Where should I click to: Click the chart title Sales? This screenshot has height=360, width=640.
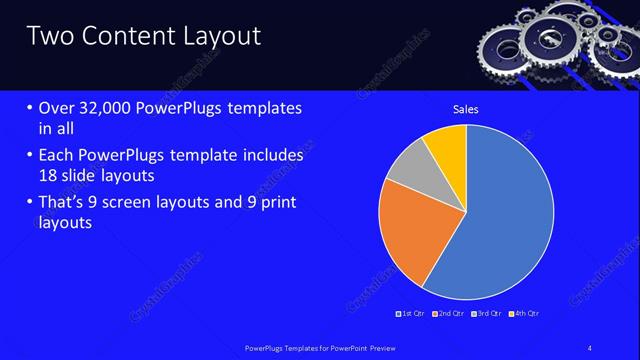466,107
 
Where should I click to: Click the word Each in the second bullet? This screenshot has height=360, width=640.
55,156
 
